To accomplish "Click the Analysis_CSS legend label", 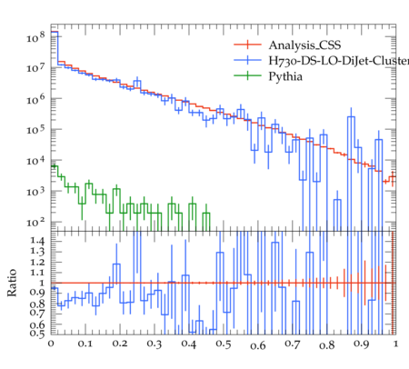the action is pyautogui.click(x=304, y=45).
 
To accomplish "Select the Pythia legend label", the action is pyautogui.click(x=285, y=76).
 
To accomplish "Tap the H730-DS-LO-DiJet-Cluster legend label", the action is pyautogui.click(x=339, y=61).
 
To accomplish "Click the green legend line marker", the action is pyautogui.click(x=247, y=75).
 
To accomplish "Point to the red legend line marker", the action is pyautogui.click(x=247, y=45).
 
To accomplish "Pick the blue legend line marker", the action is pyautogui.click(x=247, y=60).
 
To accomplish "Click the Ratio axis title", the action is pyautogui.click(x=12, y=283).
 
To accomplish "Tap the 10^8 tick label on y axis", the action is pyautogui.click(x=35, y=37).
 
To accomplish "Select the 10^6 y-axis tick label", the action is pyautogui.click(x=35, y=99).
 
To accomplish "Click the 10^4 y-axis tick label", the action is pyautogui.click(x=35, y=161).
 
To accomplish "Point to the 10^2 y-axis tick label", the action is pyautogui.click(x=35, y=223).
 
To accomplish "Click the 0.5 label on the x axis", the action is pyautogui.click(x=224, y=344).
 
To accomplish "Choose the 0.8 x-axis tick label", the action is pyautogui.click(x=327, y=344).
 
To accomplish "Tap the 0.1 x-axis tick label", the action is pyautogui.click(x=85, y=344).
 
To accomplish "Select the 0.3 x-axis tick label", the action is pyautogui.click(x=155, y=344).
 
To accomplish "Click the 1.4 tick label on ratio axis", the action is pyautogui.click(x=37, y=241).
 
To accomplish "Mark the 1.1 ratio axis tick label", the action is pyautogui.click(x=37, y=273).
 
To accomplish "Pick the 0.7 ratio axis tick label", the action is pyautogui.click(x=37, y=312).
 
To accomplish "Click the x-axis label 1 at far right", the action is pyautogui.click(x=396, y=344).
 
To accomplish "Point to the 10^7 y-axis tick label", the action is pyautogui.click(x=35, y=68).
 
